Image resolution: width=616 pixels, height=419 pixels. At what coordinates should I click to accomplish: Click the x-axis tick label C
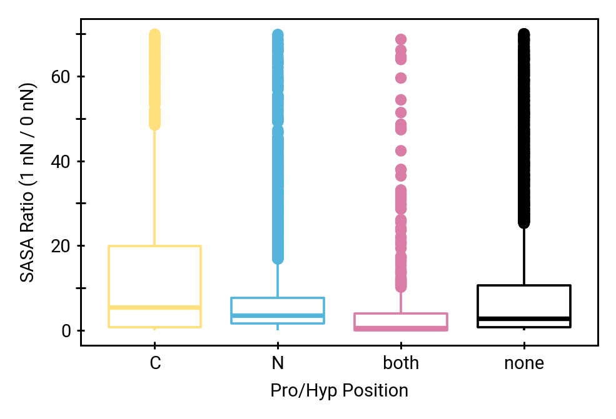(154, 363)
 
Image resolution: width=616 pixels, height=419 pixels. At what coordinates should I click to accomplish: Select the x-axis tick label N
(278, 363)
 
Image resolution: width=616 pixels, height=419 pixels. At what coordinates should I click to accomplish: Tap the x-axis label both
(401, 363)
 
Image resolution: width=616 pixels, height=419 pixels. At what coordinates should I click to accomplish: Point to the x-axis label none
(524, 363)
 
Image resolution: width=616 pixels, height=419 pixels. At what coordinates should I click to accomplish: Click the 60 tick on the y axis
(60, 77)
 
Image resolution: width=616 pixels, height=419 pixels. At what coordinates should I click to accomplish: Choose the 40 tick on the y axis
(60, 161)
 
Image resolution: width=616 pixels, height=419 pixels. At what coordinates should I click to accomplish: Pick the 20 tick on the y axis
(60, 246)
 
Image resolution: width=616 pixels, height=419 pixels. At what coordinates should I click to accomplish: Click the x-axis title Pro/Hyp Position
(339, 391)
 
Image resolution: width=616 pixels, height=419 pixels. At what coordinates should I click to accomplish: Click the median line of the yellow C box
(154, 307)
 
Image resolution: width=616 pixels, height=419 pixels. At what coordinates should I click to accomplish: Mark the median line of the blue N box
(278, 315)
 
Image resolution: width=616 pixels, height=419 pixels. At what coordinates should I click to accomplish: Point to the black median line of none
(524, 318)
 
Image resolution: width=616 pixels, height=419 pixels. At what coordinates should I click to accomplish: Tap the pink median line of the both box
(401, 327)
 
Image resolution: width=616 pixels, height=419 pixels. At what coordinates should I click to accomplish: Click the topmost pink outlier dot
(401, 39)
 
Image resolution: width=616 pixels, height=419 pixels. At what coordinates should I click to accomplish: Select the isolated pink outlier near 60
(401, 78)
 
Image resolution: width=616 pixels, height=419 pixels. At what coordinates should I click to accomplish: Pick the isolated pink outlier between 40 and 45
(401, 150)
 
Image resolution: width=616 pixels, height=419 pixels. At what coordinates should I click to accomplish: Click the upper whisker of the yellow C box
(154, 187)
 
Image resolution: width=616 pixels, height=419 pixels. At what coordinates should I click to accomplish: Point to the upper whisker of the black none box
(524, 256)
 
